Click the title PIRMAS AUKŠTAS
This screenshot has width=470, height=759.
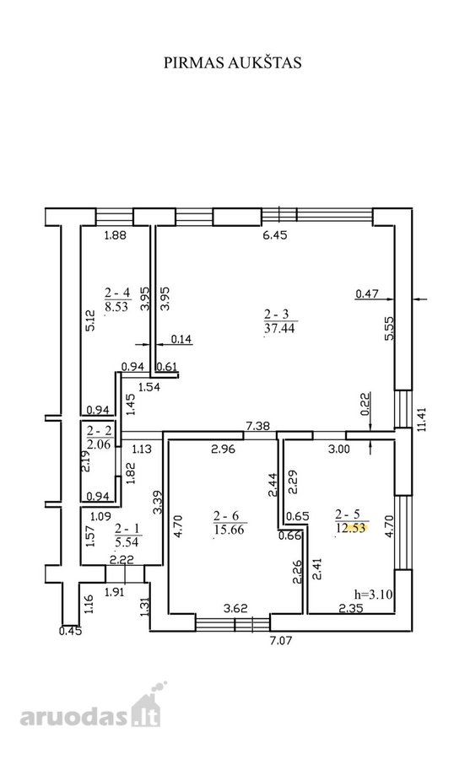pos(233,63)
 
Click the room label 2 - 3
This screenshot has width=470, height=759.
pos(280,315)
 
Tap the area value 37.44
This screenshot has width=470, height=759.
pos(279,329)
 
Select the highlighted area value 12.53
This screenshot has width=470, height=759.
pos(351,528)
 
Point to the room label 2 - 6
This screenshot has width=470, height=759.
pos(230,516)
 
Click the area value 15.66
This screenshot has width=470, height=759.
pos(230,529)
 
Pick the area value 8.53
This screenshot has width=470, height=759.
pos(116,306)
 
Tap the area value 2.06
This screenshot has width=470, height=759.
pos(99,444)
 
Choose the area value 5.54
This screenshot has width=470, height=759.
pos(127,542)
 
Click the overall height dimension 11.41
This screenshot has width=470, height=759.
pos(423,419)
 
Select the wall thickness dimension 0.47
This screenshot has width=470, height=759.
pos(367,293)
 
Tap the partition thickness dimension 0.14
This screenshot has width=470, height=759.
pos(181,339)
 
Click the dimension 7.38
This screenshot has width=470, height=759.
pos(258,426)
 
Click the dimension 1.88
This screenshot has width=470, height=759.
pos(116,235)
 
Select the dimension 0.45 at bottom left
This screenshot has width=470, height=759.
pos(71,631)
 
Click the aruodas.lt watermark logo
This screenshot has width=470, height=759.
pos(90,708)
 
